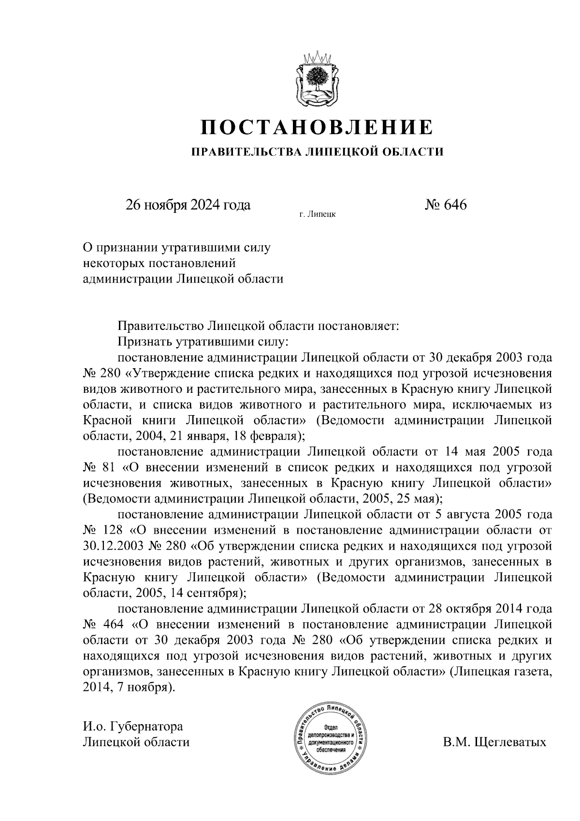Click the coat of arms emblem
click(x=317, y=79)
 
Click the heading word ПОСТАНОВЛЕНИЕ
click(x=317, y=127)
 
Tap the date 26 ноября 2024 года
click(x=188, y=205)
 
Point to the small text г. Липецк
click(x=317, y=213)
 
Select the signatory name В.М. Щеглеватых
click(x=494, y=742)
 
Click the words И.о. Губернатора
click(x=133, y=726)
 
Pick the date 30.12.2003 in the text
click(x=112, y=546)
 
